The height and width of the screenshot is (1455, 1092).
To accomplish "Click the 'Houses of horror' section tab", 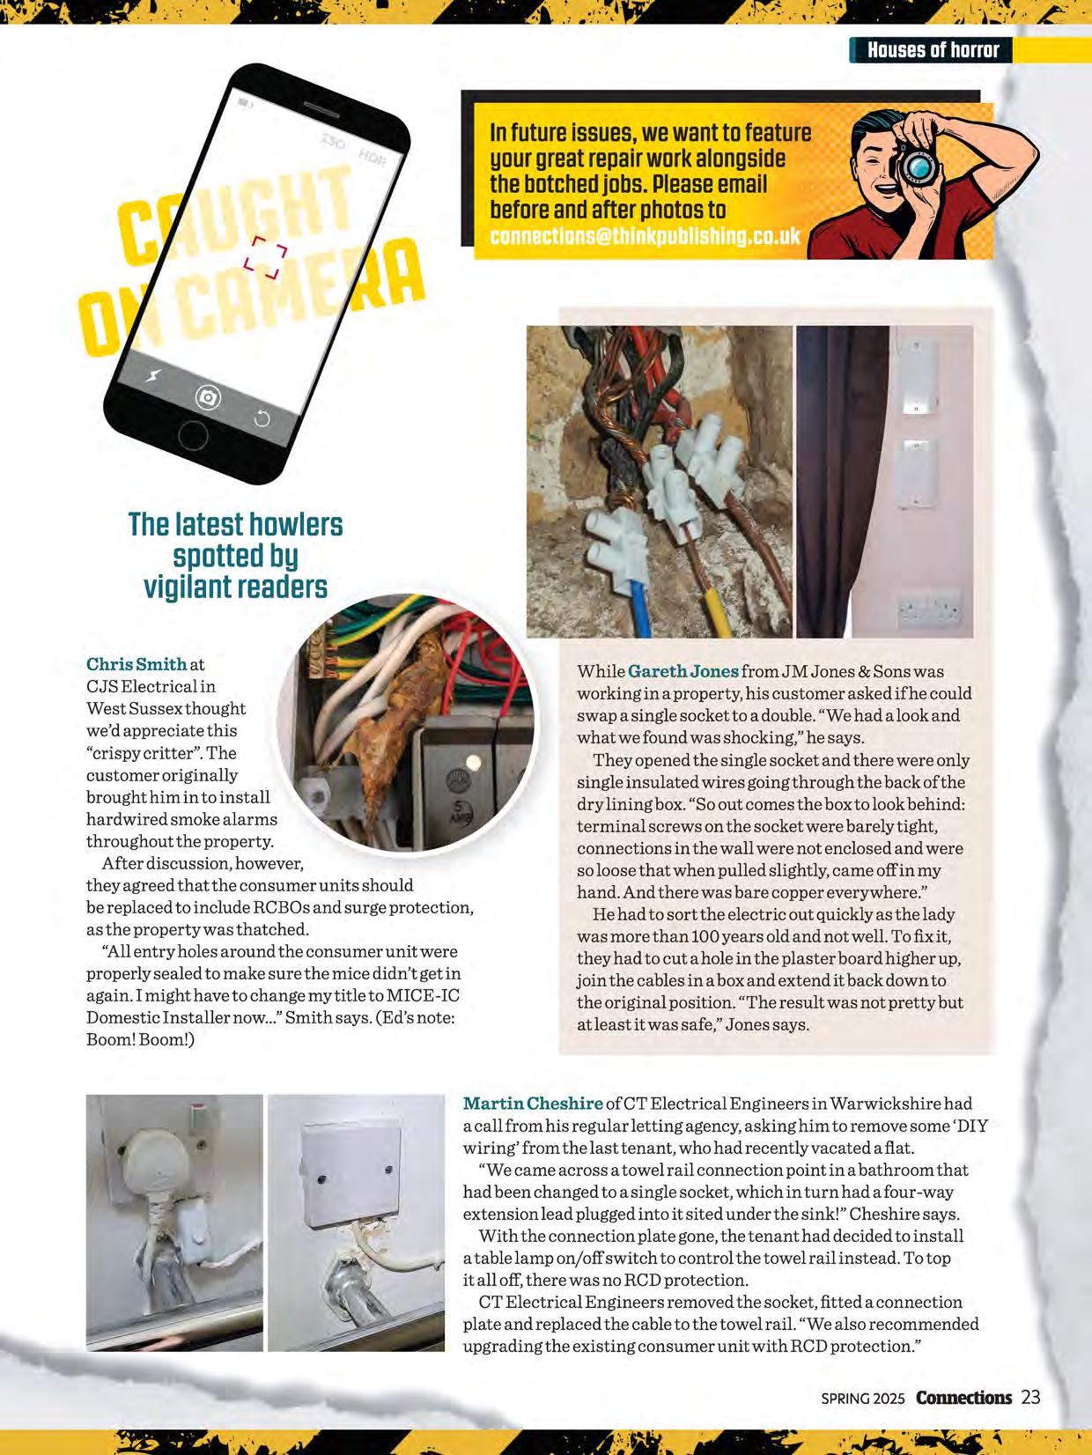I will click(932, 50).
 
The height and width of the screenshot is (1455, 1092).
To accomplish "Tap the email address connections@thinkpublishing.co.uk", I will click(645, 236).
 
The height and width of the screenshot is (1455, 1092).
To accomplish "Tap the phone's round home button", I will click(193, 434).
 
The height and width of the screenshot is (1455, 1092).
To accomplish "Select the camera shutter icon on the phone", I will click(208, 398).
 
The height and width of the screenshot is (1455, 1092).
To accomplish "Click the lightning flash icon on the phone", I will click(153, 376).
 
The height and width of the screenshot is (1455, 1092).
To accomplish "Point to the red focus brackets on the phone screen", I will click(266, 257).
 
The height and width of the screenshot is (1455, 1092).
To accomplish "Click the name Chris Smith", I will click(136, 664).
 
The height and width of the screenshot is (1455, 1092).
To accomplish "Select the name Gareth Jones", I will click(683, 671).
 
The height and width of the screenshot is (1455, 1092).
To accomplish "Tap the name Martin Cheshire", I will click(533, 1104).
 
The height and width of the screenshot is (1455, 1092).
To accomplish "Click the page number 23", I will click(1030, 1397).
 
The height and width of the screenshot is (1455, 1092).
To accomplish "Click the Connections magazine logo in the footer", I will click(963, 1398).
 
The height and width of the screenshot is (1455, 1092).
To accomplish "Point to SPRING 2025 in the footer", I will click(862, 1399).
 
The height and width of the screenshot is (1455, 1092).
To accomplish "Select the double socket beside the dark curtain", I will click(928, 608).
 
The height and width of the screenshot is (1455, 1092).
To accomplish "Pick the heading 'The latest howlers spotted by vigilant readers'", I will click(235, 555).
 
